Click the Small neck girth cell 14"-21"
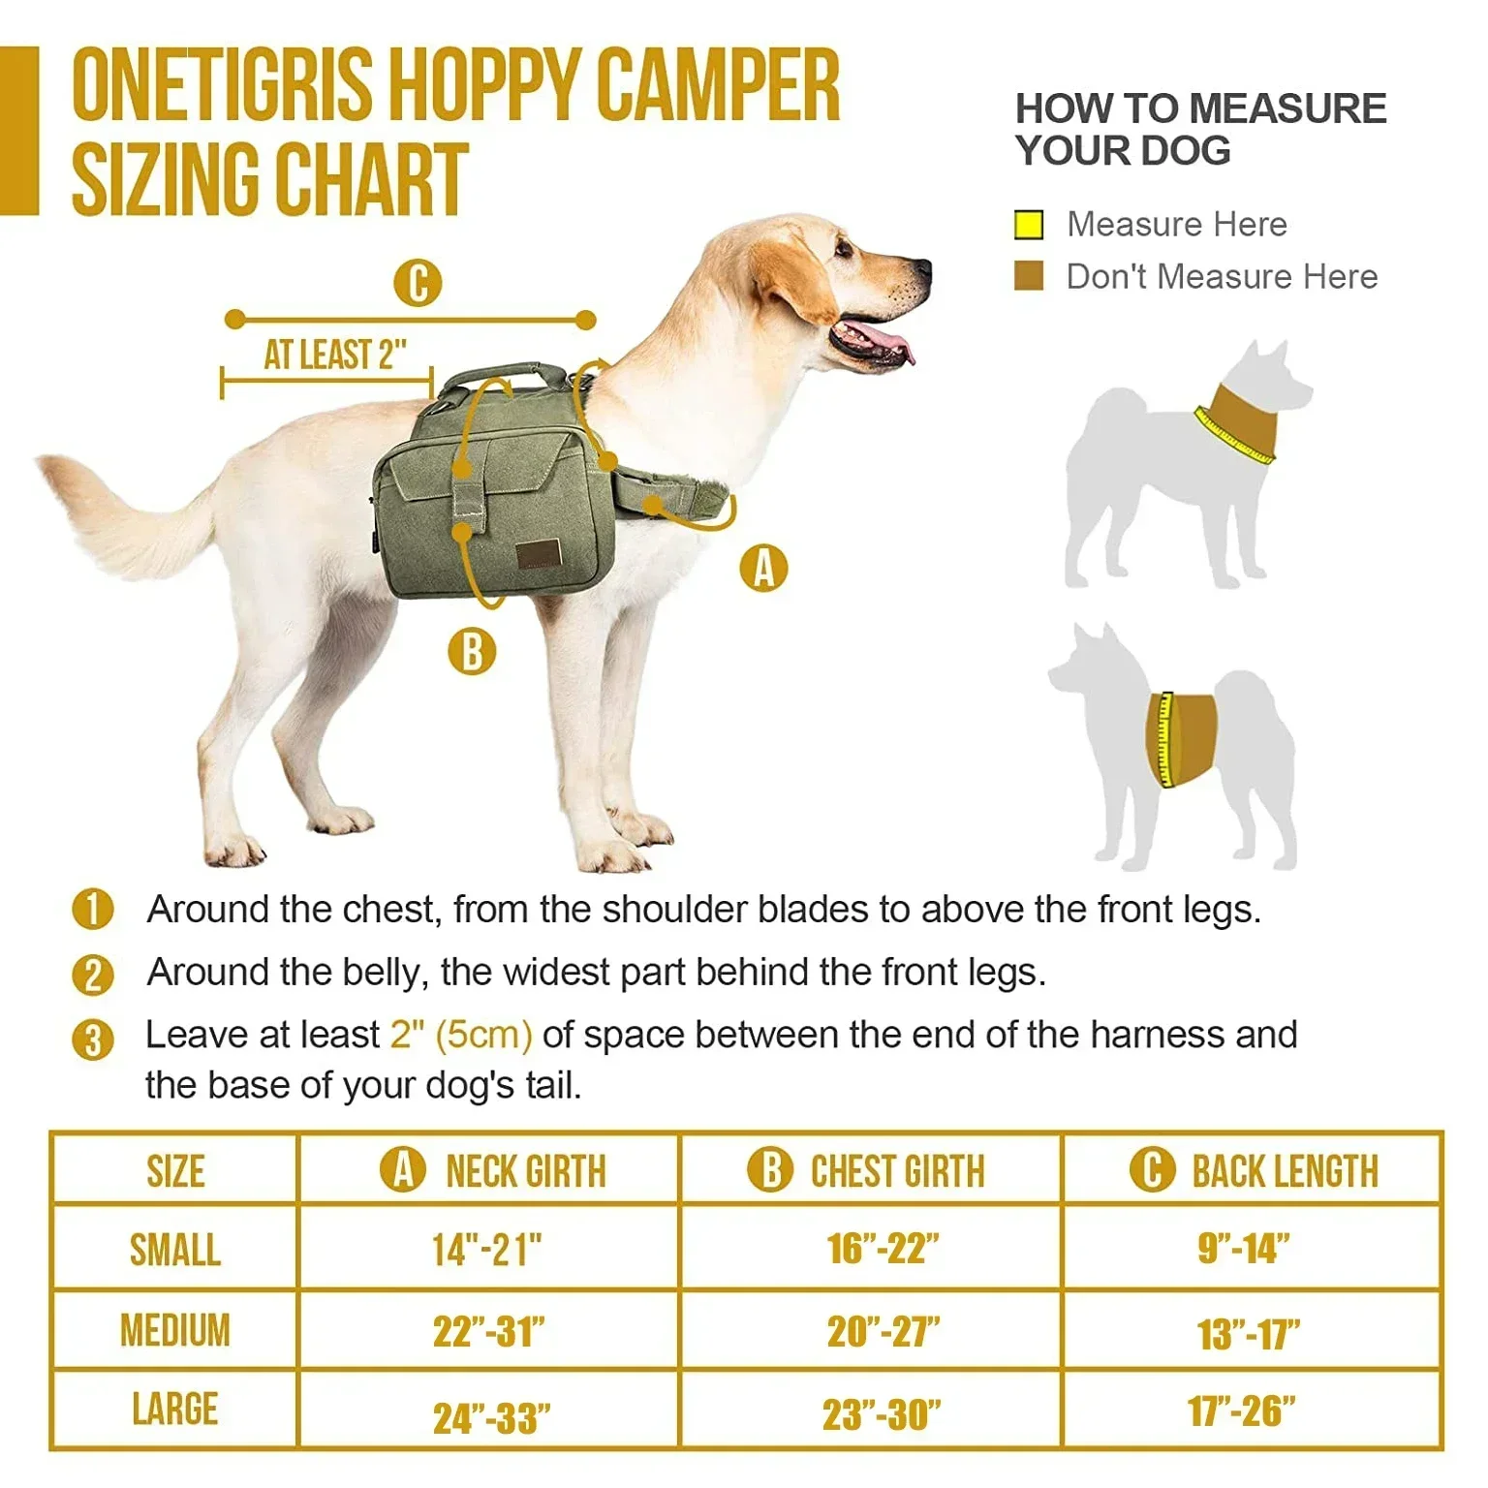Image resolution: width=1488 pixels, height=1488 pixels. point(487,1250)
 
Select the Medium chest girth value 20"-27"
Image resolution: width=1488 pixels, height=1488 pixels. point(883,1332)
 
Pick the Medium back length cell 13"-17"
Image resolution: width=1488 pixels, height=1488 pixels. point(1248,1334)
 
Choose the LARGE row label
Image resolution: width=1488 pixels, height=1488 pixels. point(174,1409)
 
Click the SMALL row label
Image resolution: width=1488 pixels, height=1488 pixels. point(174,1250)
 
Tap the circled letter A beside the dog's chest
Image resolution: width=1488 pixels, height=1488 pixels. point(763,568)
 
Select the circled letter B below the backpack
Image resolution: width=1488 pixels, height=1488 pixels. point(472,651)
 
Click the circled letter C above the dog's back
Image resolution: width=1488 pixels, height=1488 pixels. point(418,284)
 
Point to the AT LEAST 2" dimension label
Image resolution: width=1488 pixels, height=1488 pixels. point(334,356)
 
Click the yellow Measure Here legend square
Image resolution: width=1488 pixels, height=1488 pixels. point(1029,225)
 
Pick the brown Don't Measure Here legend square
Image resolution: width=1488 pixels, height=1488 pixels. point(1029,276)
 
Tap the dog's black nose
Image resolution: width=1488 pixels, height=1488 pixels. point(922,268)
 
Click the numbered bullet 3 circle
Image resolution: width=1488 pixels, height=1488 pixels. point(93,1039)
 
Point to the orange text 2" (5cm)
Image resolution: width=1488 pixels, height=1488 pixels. point(461,1035)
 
